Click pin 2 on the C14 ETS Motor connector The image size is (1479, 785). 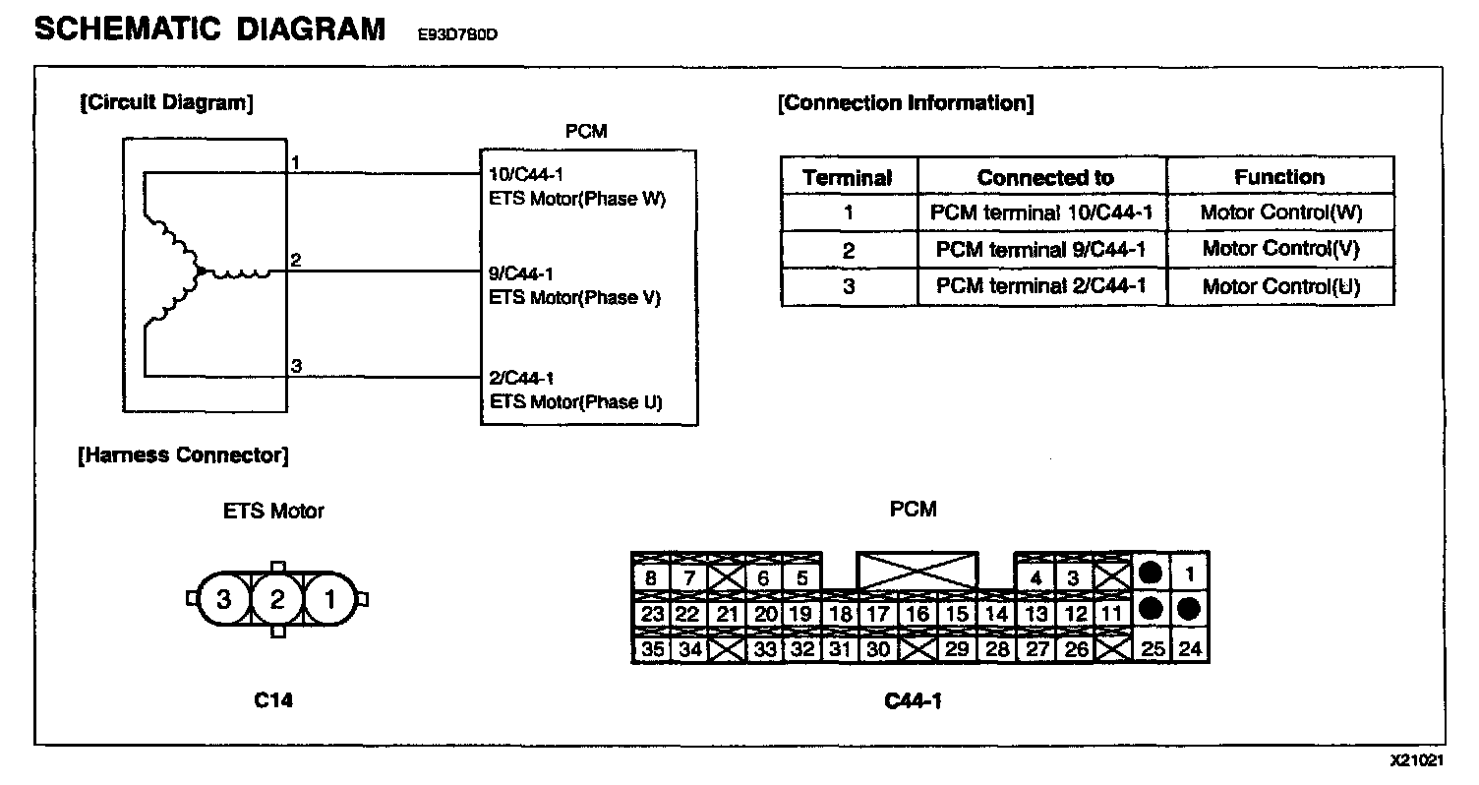[277, 599]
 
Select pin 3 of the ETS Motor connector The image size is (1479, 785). [224, 599]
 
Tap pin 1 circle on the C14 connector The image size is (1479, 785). [330, 599]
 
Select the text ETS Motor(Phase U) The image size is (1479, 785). [575, 401]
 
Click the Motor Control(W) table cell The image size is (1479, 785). [1281, 212]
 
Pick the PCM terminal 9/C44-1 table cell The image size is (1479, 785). [1041, 250]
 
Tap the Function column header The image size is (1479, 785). [1279, 177]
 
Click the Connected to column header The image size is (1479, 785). [1045, 178]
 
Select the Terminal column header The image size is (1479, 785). [848, 178]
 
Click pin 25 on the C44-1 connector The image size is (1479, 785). [1151, 648]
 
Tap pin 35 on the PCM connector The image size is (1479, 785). [650, 649]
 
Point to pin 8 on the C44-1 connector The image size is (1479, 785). [650, 578]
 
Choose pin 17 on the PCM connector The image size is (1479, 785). [878, 614]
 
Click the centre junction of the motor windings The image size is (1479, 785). [200, 271]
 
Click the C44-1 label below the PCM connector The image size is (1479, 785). [914, 701]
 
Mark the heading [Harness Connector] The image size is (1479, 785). [183, 455]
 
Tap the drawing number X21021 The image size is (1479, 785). [1416, 761]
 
